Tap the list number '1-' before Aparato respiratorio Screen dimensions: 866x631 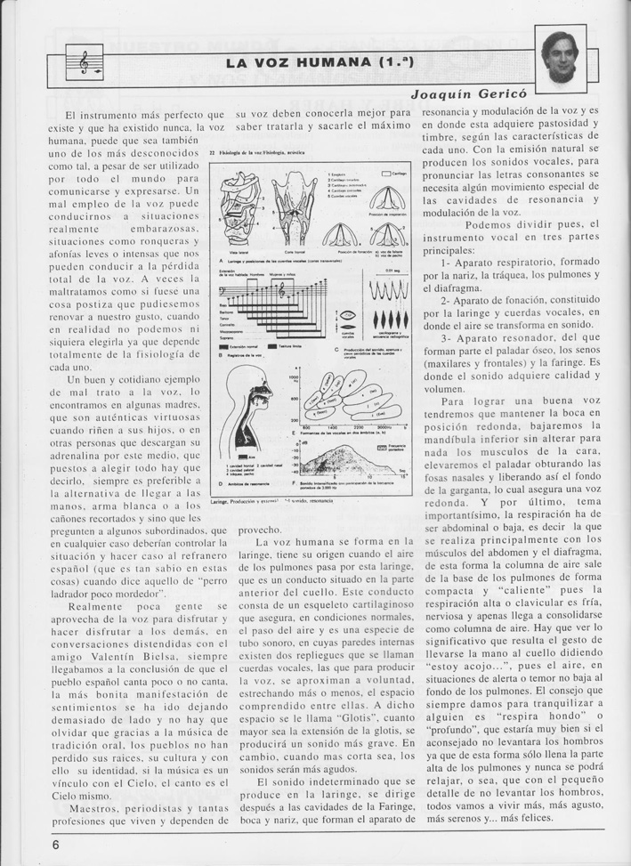coord(446,263)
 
